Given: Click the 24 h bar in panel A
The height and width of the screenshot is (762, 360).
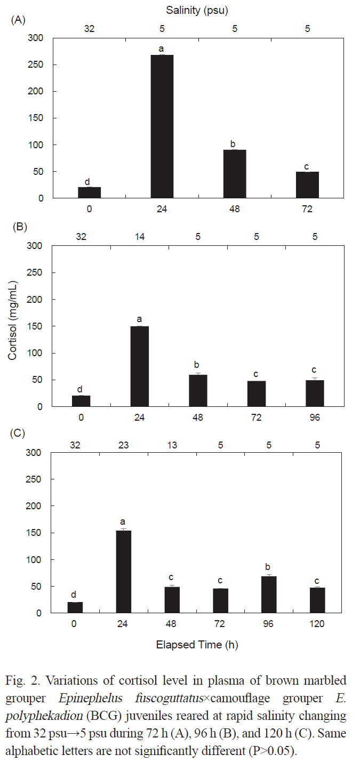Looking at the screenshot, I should tap(162, 126).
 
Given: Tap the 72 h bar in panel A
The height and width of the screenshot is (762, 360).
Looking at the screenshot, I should tap(307, 185).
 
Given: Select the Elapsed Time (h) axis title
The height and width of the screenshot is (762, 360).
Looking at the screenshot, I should tap(197, 645).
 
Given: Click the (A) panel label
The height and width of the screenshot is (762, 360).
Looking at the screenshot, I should tap(19, 20).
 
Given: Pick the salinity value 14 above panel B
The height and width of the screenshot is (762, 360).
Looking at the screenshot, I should tap(140, 236).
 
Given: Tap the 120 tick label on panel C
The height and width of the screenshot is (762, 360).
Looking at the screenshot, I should tap(317, 624).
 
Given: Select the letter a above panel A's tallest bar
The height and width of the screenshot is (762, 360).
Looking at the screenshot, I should tap(162, 49).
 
